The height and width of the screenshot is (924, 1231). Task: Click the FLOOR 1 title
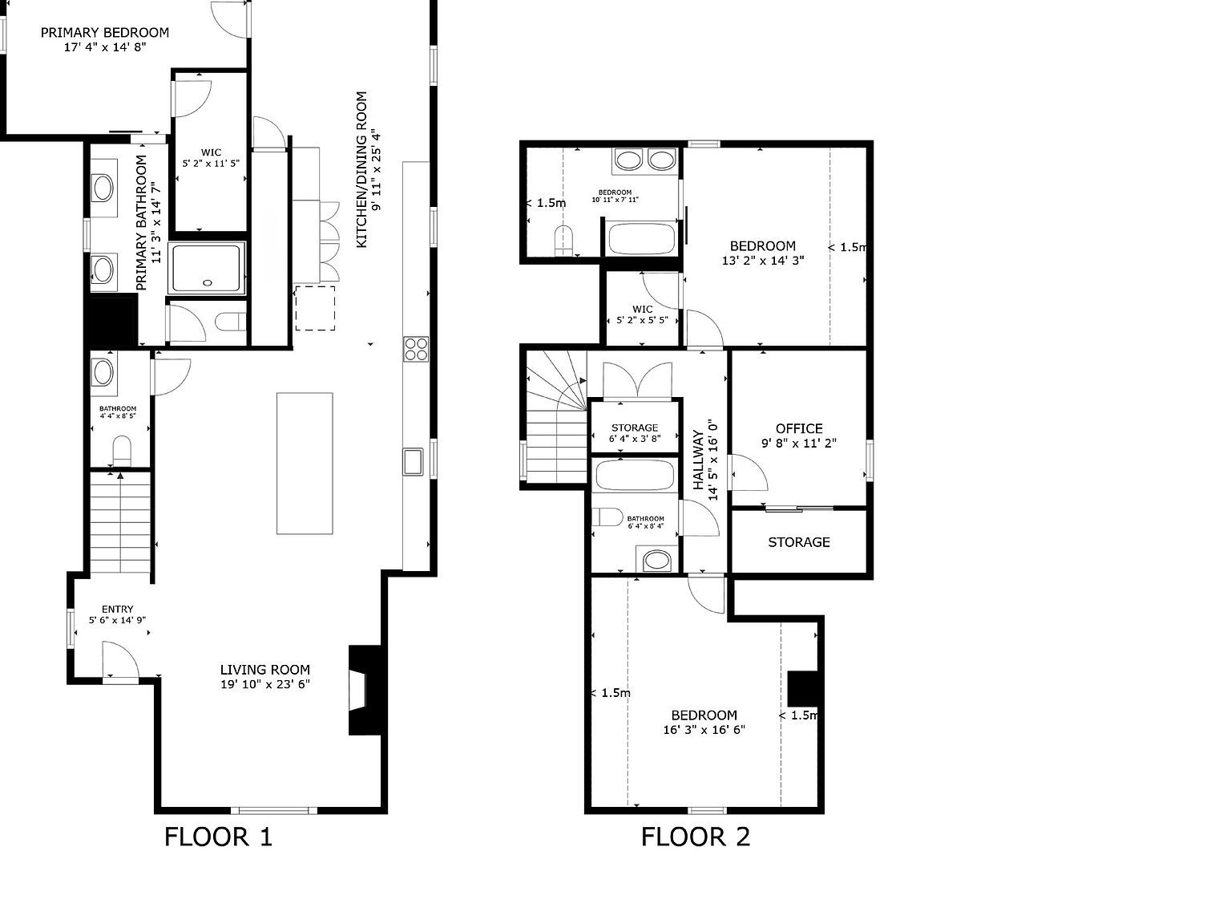click(x=218, y=837)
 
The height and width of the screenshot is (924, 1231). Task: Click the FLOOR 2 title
click(x=695, y=837)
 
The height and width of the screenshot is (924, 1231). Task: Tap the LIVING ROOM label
click(x=264, y=670)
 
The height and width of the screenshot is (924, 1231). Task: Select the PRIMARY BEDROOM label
click(x=105, y=33)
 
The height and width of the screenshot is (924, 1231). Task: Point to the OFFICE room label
click(x=798, y=428)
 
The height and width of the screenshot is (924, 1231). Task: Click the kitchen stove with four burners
click(x=416, y=349)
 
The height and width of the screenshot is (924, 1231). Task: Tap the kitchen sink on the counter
click(x=414, y=462)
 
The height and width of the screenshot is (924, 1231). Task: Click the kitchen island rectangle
click(x=305, y=463)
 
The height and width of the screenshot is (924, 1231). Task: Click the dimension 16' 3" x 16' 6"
click(x=704, y=730)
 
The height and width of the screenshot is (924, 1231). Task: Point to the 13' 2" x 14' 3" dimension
click(x=762, y=260)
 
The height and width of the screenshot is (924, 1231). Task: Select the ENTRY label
click(x=117, y=609)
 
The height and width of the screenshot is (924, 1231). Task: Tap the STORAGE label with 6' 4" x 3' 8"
click(x=634, y=428)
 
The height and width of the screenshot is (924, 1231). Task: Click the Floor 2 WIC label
click(x=642, y=309)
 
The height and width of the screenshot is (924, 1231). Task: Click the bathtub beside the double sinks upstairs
click(x=642, y=239)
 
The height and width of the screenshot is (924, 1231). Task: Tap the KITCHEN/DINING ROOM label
click(x=361, y=169)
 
